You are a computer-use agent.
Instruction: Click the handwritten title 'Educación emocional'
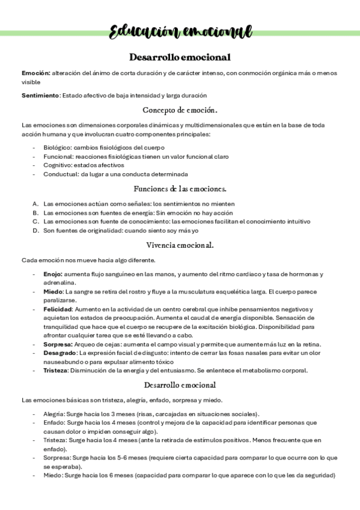[180, 32]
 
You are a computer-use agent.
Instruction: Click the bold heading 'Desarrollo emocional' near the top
[180, 57]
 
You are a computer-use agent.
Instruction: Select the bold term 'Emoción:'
[35, 73]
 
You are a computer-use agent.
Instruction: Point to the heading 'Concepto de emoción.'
[180, 110]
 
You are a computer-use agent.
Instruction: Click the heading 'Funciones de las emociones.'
[180, 189]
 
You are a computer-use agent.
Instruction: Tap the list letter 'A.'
[36, 204]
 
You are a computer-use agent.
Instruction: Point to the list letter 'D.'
[36, 230]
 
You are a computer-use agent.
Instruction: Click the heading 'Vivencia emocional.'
[180, 245]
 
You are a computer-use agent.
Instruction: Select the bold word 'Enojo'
[53, 274]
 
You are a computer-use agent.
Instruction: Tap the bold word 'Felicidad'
[58, 309]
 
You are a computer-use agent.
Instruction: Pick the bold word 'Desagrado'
[59, 352]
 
